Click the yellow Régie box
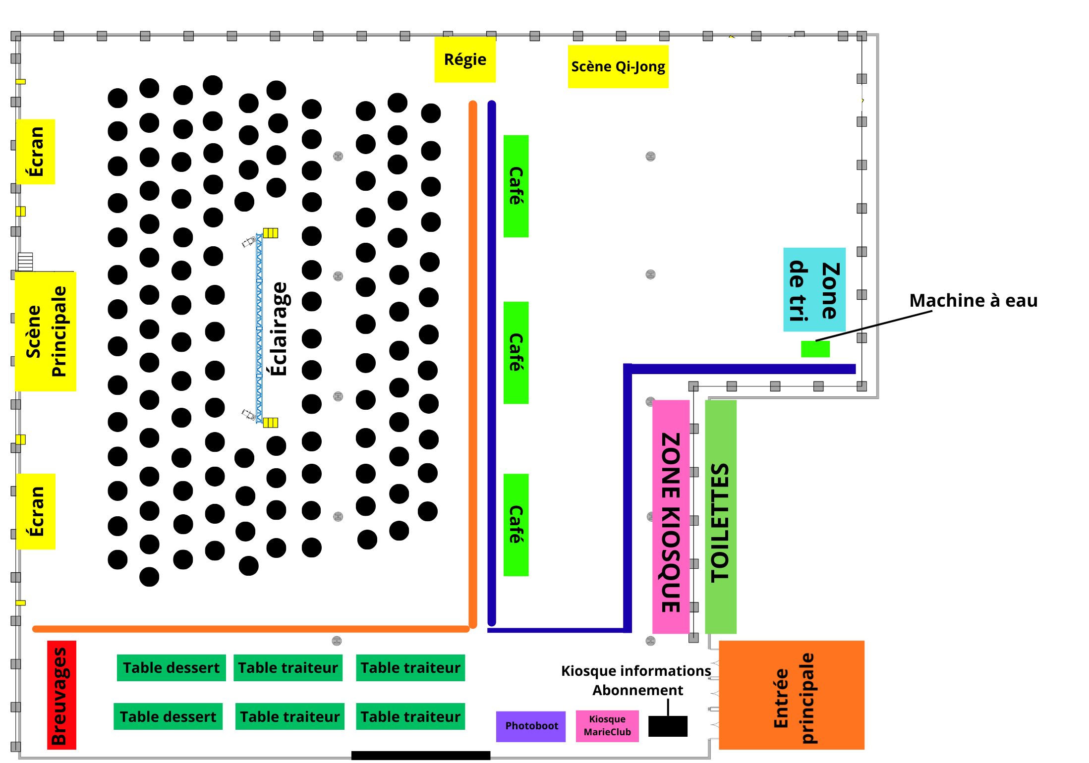[x=464, y=59]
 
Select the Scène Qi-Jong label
[x=618, y=66]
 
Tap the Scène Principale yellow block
[x=45, y=331]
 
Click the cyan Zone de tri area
[x=814, y=290]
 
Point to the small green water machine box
[x=815, y=349]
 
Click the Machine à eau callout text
[x=973, y=300]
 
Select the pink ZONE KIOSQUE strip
[x=671, y=517]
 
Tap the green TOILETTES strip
[x=720, y=517]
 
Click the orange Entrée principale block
[x=791, y=695]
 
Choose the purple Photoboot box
[x=530, y=726]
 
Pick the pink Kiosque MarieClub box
[x=607, y=726]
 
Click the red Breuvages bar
[x=61, y=695]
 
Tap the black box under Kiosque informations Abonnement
[x=667, y=726]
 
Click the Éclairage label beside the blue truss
[x=279, y=328]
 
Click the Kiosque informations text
[x=635, y=671]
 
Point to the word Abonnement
[x=637, y=690]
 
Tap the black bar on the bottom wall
[x=420, y=756]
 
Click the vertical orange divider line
[x=473, y=364]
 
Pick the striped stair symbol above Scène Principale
[x=25, y=261]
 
